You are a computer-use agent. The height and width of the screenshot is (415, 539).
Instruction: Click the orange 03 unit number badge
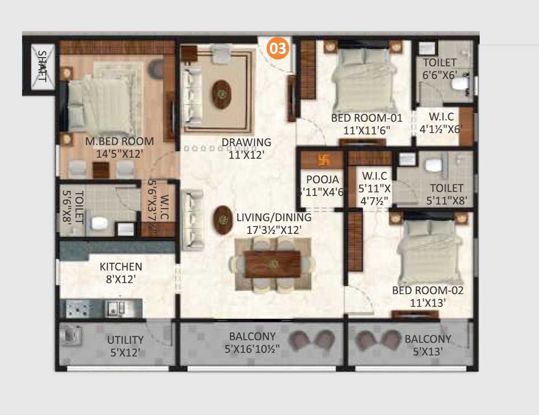(278, 48)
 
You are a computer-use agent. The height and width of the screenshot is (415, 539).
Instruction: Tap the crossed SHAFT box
(43, 66)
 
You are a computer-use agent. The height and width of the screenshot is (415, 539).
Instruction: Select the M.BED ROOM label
(119, 141)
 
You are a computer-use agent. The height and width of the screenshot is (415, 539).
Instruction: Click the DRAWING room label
(246, 142)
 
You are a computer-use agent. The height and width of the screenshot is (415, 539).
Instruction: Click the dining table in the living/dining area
(272, 264)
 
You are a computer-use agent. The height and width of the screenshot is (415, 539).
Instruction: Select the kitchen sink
(116, 308)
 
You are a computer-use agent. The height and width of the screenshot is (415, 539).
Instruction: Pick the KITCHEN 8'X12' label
(121, 273)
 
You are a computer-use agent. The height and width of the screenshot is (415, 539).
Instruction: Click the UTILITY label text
(125, 340)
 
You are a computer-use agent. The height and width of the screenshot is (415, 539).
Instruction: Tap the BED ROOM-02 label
(428, 290)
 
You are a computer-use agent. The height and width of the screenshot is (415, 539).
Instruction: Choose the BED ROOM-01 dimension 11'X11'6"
(367, 130)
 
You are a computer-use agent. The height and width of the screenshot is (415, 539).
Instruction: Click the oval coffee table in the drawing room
(221, 94)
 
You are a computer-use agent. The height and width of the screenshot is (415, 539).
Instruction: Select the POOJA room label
(322, 179)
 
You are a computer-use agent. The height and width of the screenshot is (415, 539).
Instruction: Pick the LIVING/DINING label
(274, 217)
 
